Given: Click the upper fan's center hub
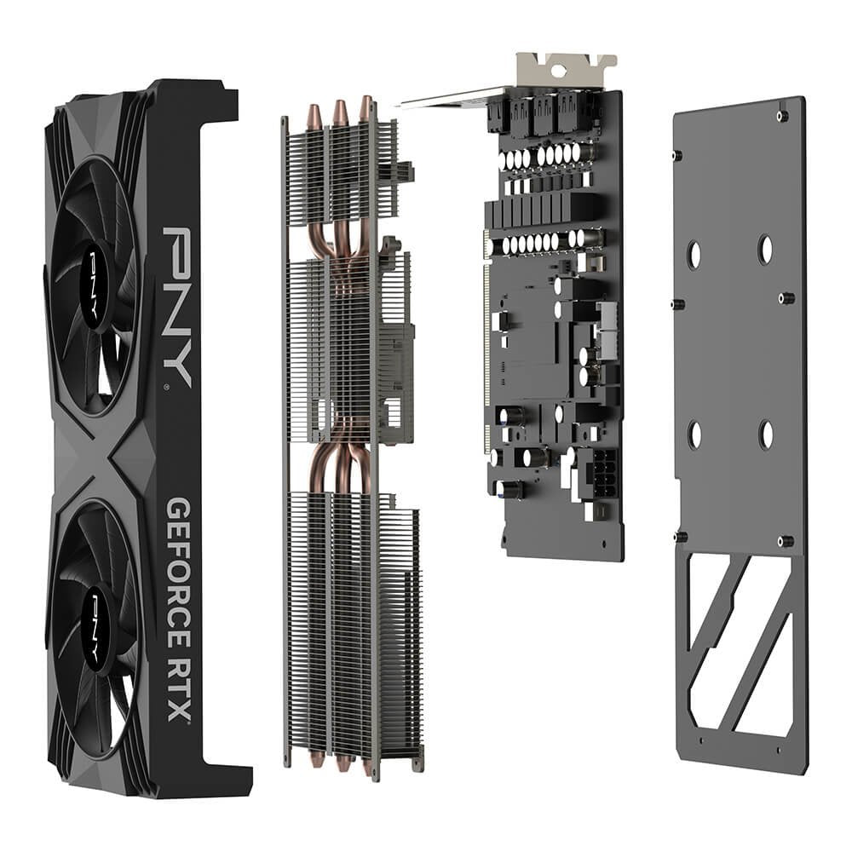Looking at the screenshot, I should pos(90,281).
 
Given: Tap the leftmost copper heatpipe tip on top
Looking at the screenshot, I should pos(314,116).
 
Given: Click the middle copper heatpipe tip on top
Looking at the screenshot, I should pos(340,112).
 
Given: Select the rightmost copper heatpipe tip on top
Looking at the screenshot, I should pos(366,107).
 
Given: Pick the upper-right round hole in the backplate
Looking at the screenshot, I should pos(765,250).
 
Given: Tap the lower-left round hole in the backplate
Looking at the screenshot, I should pos(694,435).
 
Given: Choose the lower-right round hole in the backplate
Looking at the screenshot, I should pos(765,435).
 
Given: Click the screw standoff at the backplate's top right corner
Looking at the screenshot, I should pos(781,115).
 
